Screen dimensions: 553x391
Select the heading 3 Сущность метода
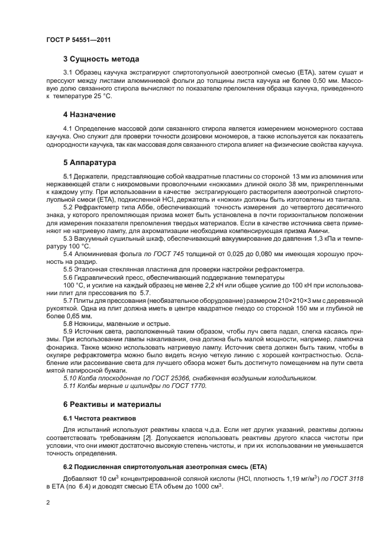pyautogui.click(x=101, y=59)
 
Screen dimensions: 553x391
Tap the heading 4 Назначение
pyautogui.click(x=89, y=114)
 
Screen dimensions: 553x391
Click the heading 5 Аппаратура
pyautogui.click(x=90, y=161)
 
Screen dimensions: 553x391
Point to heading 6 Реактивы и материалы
pyautogui.click(x=112, y=404)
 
